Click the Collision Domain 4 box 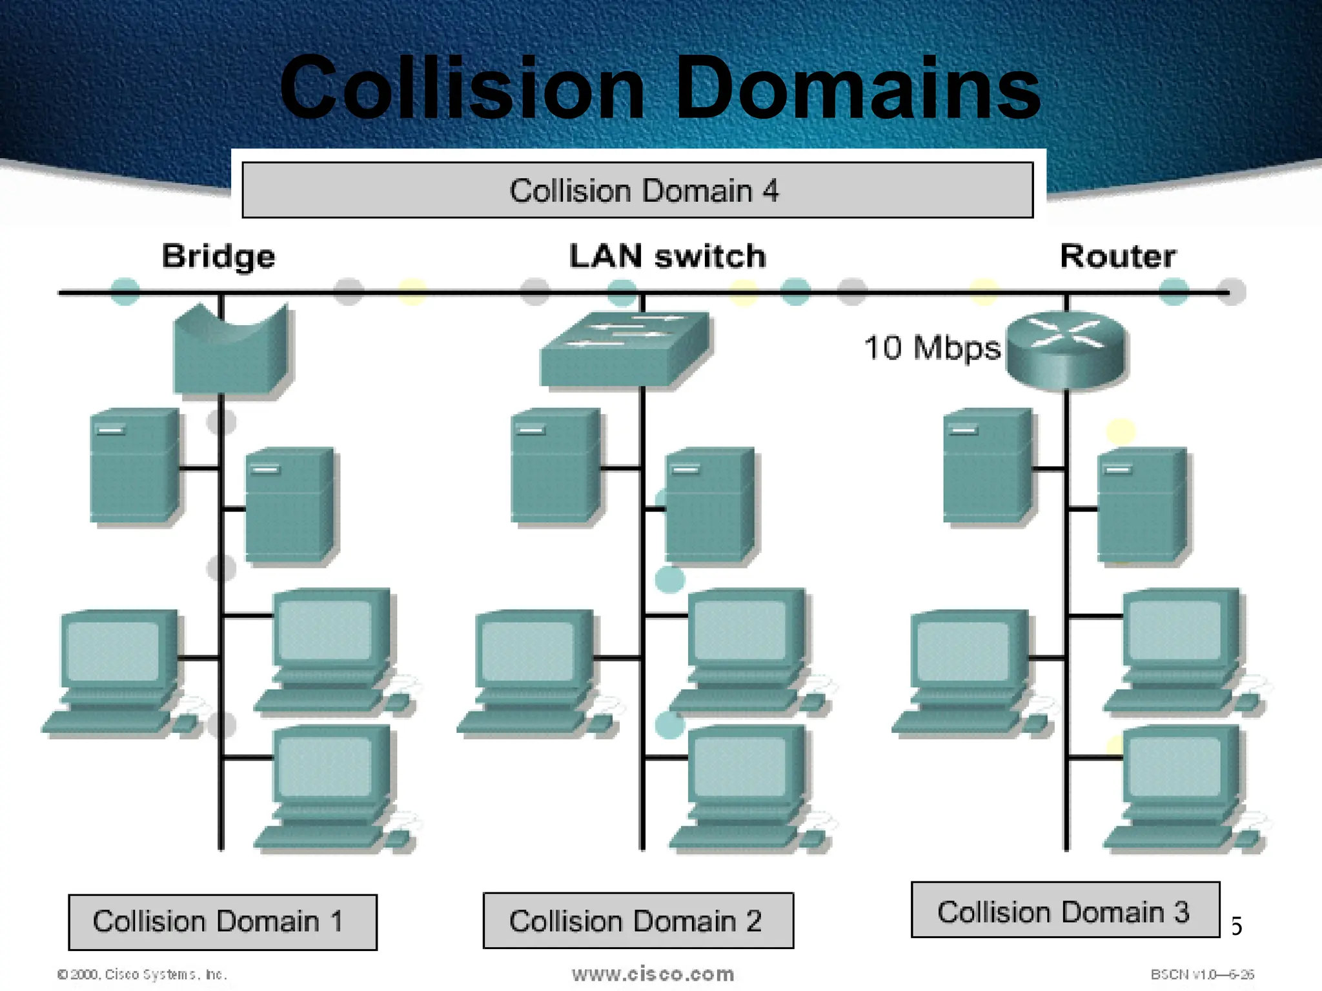tap(637, 190)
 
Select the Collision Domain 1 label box tap(223, 922)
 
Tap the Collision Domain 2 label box tap(638, 921)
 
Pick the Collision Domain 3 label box tap(1065, 910)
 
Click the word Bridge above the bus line tap(218, 256)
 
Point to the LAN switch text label tap(667, 256)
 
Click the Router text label tap(1117, 256)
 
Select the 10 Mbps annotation tap(931, 348)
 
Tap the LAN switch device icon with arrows tap(624, 349)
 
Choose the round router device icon tap(1066, 349)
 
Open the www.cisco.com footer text tap(653, 974)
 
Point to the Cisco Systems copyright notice tap(142, 974)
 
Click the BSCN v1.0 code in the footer tap(1202, 974)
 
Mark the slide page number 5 tap(1236, 926)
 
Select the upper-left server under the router tap(986, 465)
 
